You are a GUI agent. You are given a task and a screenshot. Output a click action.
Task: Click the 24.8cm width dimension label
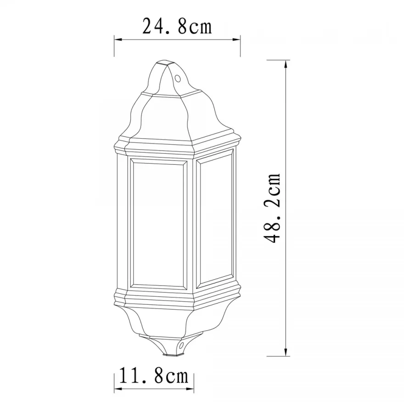click(x=177, y=26)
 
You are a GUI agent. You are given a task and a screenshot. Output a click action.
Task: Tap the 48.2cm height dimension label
click(x=272, y=208)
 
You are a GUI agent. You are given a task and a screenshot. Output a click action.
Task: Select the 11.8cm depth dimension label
click(x=154, y=377)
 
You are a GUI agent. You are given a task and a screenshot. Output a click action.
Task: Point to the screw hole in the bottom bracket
click(x=182, y=345)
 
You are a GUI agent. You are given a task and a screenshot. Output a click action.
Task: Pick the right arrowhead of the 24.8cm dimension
click(x=236, y=39)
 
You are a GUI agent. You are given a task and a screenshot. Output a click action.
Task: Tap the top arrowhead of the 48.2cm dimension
click(x=285, y=64)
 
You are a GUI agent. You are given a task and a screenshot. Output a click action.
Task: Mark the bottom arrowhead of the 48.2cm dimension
click(x=285, y=352)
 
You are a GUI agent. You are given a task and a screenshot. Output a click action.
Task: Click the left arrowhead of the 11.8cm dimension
click(x=118, y=389)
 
